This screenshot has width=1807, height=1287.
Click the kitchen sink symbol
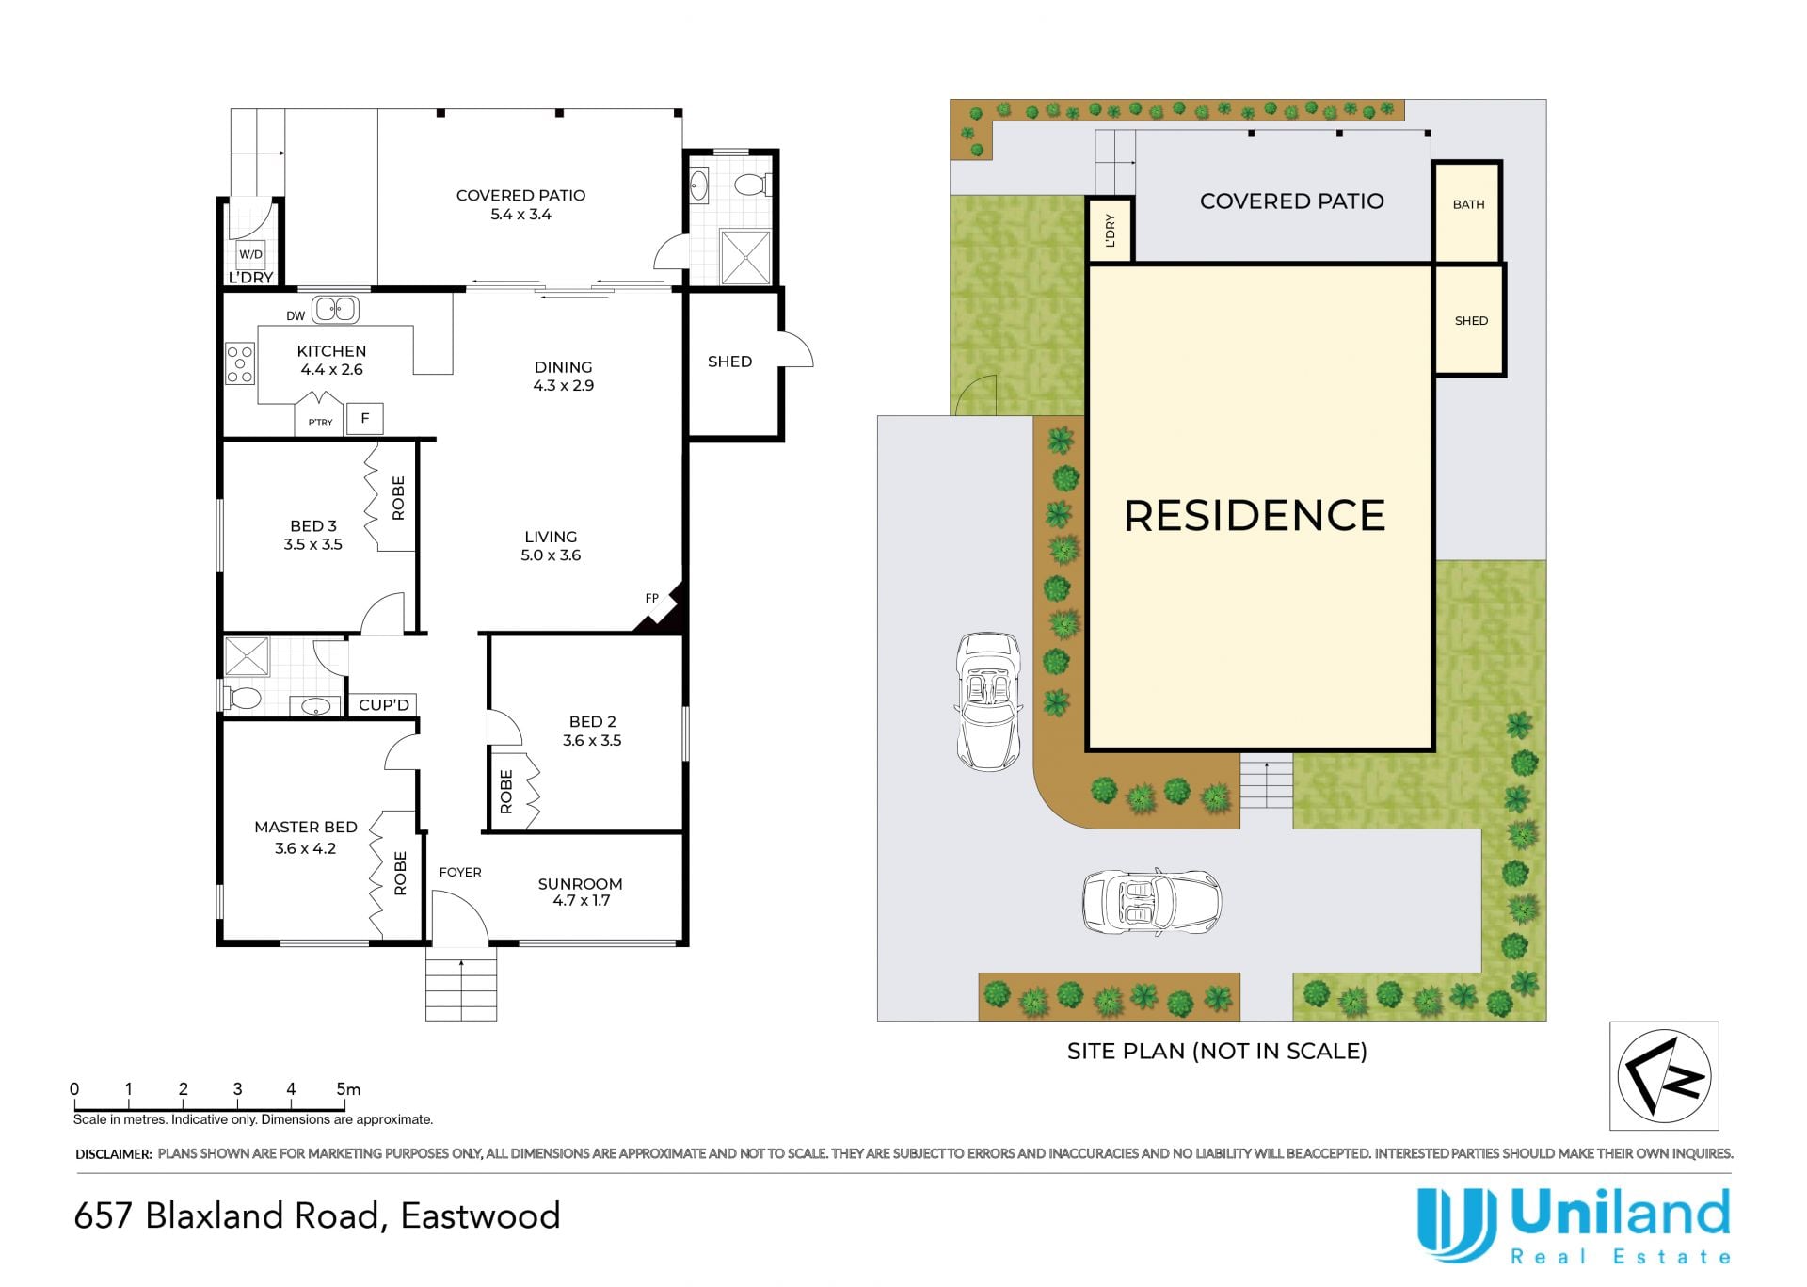(x=336, y=309)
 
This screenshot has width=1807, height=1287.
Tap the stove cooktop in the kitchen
(x=240, y=363)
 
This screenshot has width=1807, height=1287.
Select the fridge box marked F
(x=365, y=418)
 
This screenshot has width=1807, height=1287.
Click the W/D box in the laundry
(x=250, y=254)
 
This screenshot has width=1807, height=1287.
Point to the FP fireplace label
(x=651, y=598)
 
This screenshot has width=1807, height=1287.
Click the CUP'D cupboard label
(x=384, y=705)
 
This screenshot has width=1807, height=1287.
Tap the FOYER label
(x=460, y=872)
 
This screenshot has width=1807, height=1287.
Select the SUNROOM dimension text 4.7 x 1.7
(x=582, y=901)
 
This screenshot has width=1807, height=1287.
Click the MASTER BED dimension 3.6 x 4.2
(x=305, y=848)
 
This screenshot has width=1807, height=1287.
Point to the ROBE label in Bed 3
(x=398, y=498)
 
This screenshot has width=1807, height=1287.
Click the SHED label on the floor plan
(x=729, y=362)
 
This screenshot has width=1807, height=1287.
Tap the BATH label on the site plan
(x=1468, y=204)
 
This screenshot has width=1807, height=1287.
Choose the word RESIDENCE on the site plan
(x=1255, y=516)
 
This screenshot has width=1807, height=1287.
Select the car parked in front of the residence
(x=1151, y=901)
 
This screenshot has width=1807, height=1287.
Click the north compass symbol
(x=1664, y=1075)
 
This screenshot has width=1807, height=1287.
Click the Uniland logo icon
(x=1456, y=1224)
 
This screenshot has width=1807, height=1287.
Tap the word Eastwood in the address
(x=480, y=1215)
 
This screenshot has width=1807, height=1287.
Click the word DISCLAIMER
(x=113, y=1153)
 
